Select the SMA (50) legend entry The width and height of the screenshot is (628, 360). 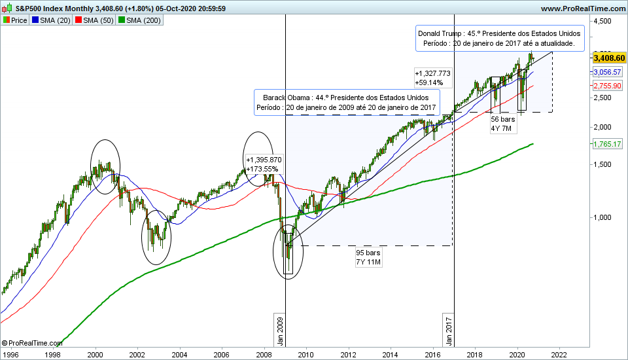tap(96, 20)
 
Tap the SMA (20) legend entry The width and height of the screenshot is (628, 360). tap(52, 20)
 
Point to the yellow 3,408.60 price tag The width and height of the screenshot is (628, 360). tap(608, 58)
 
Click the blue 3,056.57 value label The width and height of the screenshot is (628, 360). tap(607, 71)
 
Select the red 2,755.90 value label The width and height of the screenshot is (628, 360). tap(607, 86)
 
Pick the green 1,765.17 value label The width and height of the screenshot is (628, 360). tap(607, 144)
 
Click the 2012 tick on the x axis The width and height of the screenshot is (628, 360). tap(348, 354)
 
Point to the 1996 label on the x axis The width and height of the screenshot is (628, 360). tap(11, 354)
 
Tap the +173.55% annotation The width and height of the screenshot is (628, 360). tap(262, 169)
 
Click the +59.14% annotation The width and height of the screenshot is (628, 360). tap(429, 82)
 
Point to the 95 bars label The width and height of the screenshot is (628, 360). tap(368, 253)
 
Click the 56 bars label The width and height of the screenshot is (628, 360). tap(504, 119)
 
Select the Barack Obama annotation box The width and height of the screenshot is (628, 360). tap(347, 102)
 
